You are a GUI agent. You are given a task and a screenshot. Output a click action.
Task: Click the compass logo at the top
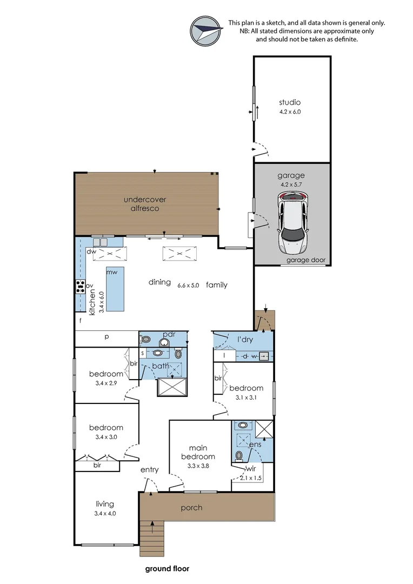(205, 30)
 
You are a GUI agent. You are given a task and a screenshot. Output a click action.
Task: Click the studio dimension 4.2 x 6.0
(290, 112)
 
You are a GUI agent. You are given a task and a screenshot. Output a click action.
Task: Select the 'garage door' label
(306, 260)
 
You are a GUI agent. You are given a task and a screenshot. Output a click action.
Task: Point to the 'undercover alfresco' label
(145, 204)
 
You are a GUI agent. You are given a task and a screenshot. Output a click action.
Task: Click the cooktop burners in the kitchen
(80, 287)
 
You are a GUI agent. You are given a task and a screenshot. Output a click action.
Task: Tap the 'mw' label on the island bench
(112, 272)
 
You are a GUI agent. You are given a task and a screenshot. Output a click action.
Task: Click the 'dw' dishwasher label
(91, 251)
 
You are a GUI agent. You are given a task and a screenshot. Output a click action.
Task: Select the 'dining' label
(160, 282)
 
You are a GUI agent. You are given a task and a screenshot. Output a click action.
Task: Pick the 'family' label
(217, 285)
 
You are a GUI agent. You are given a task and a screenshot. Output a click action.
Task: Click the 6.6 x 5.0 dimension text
(188, 286)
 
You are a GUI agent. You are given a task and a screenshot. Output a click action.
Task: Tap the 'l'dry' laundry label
(245, 340)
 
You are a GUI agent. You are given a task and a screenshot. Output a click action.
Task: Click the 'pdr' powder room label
(169, 335)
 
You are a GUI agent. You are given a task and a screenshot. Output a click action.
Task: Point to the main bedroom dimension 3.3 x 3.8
(198, 466)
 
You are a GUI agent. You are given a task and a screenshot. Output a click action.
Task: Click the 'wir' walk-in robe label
(251, 469)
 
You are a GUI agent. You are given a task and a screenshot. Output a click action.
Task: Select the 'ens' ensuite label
(256, 444)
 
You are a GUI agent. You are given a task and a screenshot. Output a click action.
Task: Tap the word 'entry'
(149, 470)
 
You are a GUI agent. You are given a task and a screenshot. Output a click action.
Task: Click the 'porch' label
(191, 508)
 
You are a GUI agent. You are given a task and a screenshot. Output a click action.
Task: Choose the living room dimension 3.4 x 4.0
(105, 514)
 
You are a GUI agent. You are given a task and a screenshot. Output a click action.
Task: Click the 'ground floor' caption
(167, 569)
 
